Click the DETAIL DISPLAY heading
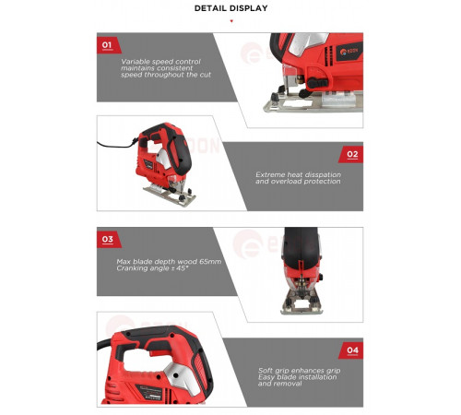tap(230, 8)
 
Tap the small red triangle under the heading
tap(231, 21)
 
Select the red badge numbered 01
tap(108, 45)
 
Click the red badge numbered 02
tap(351, 154)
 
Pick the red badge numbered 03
tap(108, 239)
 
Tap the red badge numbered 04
tap(351, 350)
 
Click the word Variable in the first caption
tap(136, 62)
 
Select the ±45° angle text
tap(180, 268)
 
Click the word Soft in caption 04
tap(266, 371)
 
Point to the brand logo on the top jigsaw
tap(350, 51)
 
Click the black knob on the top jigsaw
tap(317, 83)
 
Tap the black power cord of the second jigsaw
tap(117, 145)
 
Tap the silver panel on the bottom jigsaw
tap(183, 379)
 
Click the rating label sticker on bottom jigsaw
tap(148, 392)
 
